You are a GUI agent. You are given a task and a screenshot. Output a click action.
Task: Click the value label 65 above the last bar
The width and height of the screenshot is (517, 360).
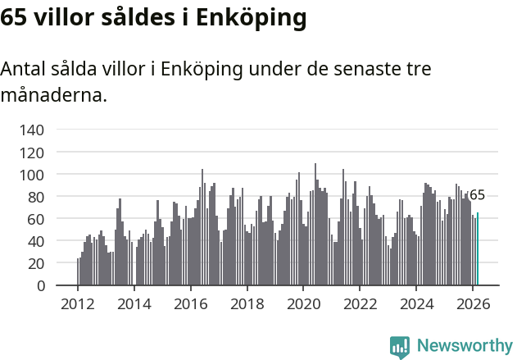pos(477,195)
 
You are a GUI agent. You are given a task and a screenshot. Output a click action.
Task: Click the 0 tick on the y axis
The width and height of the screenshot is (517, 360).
pos(39,285)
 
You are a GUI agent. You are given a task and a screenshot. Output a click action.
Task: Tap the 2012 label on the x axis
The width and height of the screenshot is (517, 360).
pos(78,303)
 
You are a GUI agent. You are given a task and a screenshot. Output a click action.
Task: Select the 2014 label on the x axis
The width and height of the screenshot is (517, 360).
pos(134,303)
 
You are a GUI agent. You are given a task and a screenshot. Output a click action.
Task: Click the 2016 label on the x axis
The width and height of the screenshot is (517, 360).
pos(191,303)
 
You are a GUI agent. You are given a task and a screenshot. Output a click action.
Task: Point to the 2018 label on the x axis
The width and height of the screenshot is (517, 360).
pos(247,303)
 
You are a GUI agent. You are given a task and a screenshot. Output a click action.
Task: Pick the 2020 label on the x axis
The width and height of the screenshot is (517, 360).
pos(303,303)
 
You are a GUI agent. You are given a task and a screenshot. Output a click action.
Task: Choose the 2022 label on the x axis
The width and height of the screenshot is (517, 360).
pos(360,303)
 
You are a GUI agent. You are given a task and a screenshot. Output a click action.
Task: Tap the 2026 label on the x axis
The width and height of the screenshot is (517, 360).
pos(473,303)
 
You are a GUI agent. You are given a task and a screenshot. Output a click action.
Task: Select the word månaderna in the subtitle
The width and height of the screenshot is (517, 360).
pos(53,95)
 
